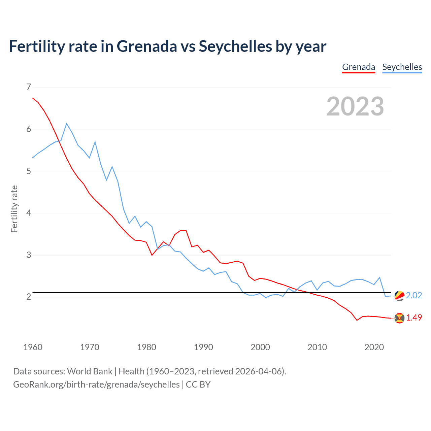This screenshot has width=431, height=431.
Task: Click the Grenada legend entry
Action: point(359,67)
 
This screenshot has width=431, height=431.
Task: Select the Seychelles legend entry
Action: point(402,67)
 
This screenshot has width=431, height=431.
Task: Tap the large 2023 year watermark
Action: point(355,106)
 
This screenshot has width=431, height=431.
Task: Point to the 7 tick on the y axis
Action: point(29,87)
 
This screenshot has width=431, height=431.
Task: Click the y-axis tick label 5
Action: point(29,171)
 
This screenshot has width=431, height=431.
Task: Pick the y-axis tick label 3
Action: point(29,255)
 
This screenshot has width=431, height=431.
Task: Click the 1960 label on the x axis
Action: point(33,347)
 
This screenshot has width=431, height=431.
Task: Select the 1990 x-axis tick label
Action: point(203,347)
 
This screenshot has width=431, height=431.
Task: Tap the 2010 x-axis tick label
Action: point(317,347)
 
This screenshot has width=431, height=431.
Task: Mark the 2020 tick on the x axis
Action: point(374,347)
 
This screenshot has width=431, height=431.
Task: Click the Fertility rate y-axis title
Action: point(14,209)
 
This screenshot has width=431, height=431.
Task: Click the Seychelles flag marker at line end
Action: point(399,296)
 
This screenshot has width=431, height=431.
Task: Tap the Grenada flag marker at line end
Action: point(399,318)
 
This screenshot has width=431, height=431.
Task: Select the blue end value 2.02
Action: point(414,295)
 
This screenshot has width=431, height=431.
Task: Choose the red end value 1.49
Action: point(414,318)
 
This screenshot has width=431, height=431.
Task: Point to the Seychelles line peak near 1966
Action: point(67,124)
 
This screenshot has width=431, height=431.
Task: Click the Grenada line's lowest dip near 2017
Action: point(357,320)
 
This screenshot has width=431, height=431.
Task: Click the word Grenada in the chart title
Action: point(146,46)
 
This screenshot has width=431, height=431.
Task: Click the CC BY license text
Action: point(198,385)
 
